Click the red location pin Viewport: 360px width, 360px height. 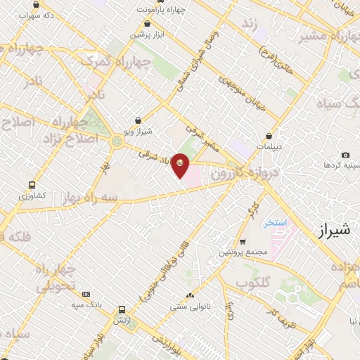point(181,166)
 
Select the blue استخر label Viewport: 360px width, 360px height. point(276,223)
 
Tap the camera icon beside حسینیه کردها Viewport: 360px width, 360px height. point(345,155)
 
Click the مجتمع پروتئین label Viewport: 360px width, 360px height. point(243,251)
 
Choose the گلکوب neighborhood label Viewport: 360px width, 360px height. point(253,283)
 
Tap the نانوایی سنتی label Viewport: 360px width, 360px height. point(187,307)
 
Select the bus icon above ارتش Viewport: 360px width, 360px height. point(122,309)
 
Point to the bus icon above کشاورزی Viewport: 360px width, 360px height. point(32,185)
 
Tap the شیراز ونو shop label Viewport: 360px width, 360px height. point(137,131)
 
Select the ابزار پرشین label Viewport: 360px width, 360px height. point(149,34)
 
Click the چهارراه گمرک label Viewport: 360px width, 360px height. point(115,61)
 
